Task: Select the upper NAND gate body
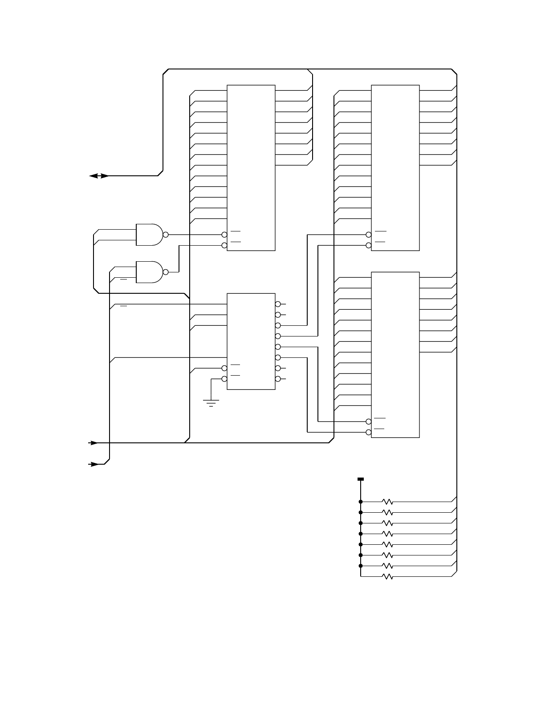pos(149,235)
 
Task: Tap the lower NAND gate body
pos(149,272)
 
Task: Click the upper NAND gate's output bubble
pos(166,235)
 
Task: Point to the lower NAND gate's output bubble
pos(166,272)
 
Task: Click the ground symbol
pos(211,403)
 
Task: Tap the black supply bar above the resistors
pos(361,479)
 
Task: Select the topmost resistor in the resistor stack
pos(387,502)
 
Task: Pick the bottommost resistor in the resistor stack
pos(387,576)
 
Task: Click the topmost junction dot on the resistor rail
pos(361,502)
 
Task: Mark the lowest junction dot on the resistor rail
pos(361,566)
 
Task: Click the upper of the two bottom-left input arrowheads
pos(94,443)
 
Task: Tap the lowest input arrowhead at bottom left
pos(94,464)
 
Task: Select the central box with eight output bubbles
pos(251,341)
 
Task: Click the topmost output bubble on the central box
pos(278,304)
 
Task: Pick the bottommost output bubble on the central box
pos(278,379)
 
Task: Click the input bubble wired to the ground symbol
pos(224,379)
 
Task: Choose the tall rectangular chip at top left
pos(251,168)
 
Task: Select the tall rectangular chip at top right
pos(395,168)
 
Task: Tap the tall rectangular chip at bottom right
pos(395,355)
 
